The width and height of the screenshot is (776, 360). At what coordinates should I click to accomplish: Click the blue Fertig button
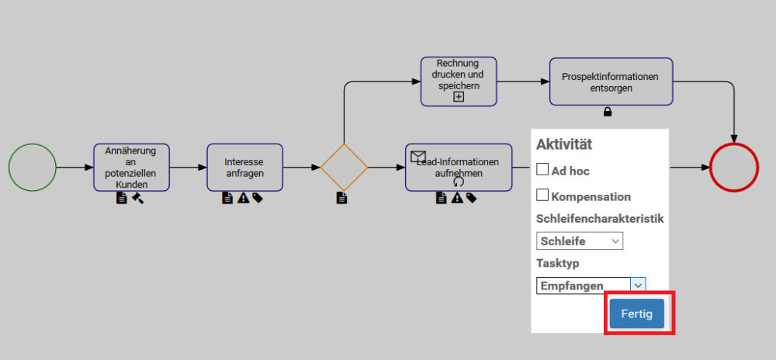(x=636, y=313)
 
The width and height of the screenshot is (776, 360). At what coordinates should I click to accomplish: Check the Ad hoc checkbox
(x=543, y=169)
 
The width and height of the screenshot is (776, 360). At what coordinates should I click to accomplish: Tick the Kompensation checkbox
(x=543, y=196)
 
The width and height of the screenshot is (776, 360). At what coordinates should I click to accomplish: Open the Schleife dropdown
(x=579, y=241)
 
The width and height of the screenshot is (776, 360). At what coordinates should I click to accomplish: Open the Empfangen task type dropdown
(x=591, y=286)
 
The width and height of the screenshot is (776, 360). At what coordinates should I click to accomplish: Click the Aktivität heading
(x=564, y=144)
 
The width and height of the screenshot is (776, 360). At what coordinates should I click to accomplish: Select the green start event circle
(x=33, y=168)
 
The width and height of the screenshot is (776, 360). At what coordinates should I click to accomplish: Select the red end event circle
(x=733, y=168)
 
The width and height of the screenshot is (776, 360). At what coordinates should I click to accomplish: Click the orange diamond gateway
(x=344, y=167)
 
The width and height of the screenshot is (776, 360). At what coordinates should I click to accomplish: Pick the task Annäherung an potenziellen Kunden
(x=131, y=167)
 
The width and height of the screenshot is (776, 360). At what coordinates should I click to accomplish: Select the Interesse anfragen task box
(x=244, y=167)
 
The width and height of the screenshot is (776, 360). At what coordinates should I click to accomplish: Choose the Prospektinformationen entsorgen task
(x=611, y=81)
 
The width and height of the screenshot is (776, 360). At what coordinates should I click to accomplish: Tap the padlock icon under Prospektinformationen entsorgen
(x=608, y=112)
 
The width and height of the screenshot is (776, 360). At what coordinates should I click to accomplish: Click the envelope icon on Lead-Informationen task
(x=418, y=157)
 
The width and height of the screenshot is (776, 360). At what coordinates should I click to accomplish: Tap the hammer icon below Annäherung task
(x=137, y=198)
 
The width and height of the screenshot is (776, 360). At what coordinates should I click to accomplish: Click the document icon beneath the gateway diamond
(x=341, y=198)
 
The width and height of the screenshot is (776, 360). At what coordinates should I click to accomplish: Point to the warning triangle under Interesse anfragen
(x=243, y=198)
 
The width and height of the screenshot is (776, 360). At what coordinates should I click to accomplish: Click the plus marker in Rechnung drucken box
(x=459, y=97)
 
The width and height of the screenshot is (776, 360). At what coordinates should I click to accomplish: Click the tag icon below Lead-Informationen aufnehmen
(x=471, y=198)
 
